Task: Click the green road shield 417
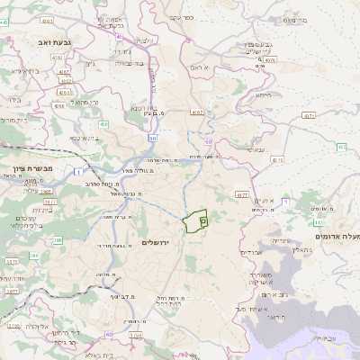click(318, 220)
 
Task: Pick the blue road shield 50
click(153, 138)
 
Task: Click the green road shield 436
click(104, 123)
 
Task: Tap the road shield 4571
click(309, 115)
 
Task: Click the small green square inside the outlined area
click(202, 219)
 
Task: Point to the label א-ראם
click(200, 67)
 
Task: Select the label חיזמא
click(263, 94)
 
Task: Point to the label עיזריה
click(280, 241)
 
